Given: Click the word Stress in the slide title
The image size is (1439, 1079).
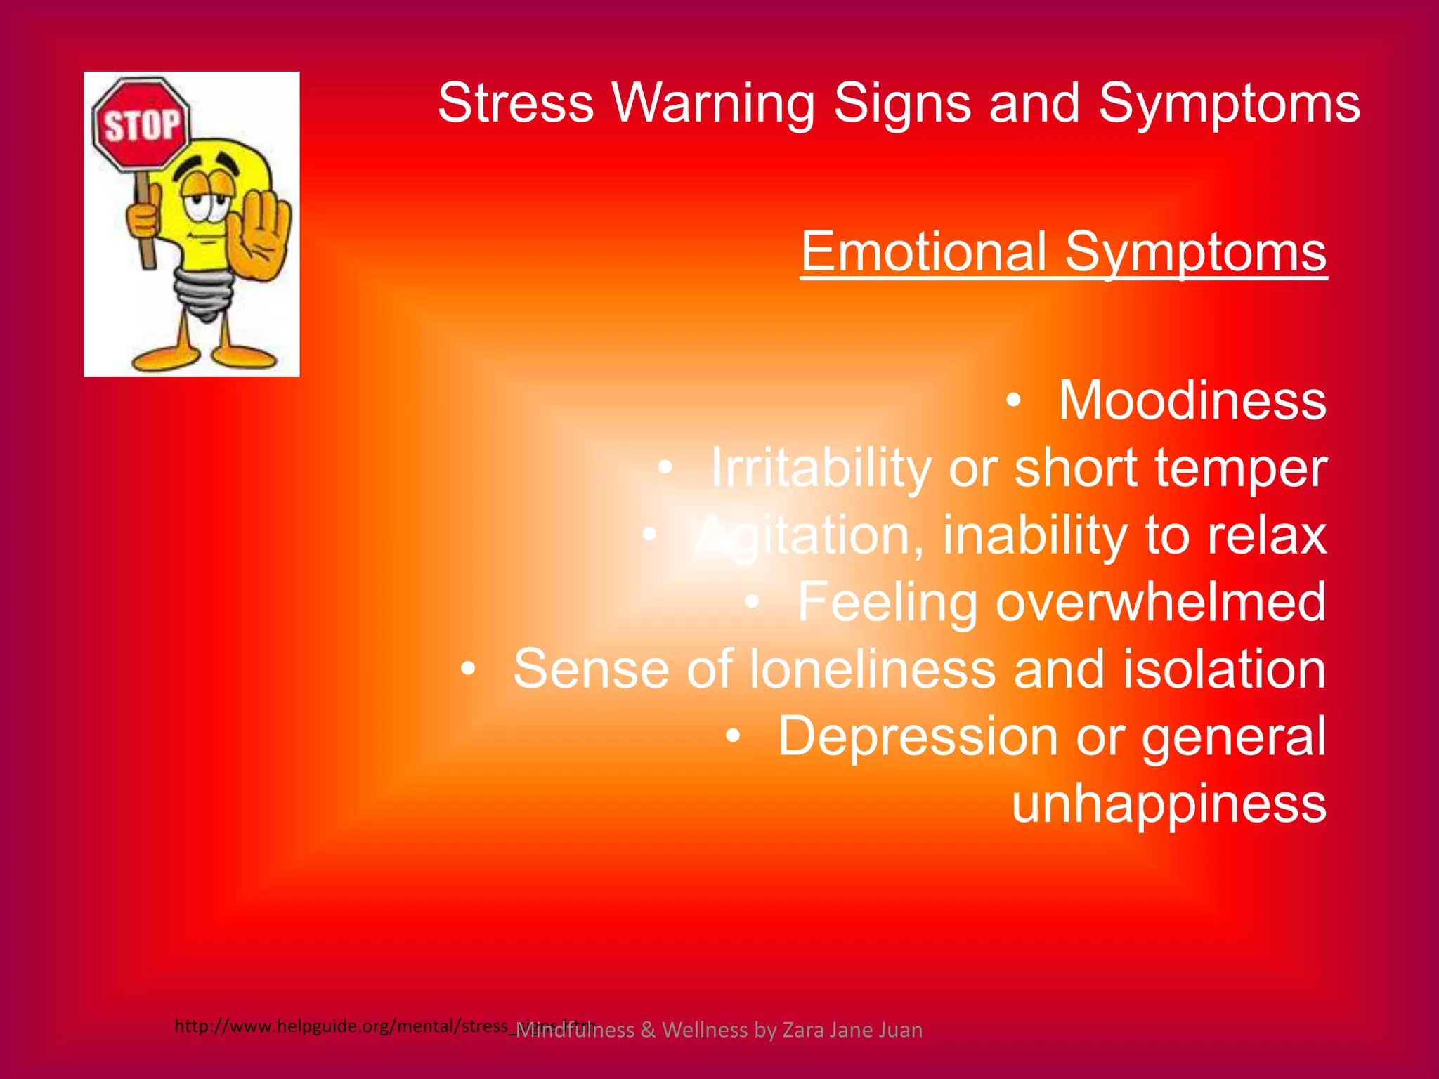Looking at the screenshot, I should tap(516, 103).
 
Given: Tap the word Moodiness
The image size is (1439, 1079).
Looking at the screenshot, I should tap(1192, 400).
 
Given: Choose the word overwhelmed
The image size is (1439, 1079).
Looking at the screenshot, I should tap(1161, 602).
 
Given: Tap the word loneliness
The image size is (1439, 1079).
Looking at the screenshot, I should tap(872, 669).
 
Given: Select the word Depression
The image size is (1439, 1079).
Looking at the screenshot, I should tap(918, 736).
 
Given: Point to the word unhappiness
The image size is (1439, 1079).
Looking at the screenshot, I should tap(1168, 804).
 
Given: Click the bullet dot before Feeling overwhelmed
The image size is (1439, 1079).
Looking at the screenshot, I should tap(753, 602).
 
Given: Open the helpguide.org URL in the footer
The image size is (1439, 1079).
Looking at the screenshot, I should tap(344, 1026).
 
